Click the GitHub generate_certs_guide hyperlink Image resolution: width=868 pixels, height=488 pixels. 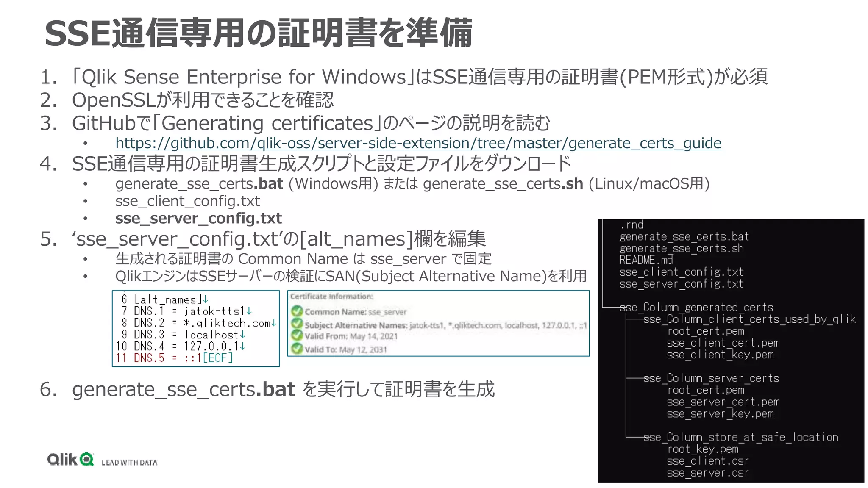418,143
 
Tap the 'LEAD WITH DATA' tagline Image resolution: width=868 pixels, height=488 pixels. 129,463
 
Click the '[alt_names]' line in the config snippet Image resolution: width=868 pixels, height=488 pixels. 165,300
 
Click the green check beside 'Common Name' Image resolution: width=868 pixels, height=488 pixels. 297,311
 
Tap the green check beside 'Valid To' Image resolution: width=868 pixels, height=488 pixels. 297,349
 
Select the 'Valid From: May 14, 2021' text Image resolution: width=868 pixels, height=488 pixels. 351,336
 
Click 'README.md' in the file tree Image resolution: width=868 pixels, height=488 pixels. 646,260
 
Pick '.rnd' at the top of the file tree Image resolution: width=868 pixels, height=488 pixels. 632,225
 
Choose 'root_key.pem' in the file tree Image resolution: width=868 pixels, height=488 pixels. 702,449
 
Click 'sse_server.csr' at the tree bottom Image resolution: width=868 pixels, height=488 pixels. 707,473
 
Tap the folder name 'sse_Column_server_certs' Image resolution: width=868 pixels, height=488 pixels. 711,378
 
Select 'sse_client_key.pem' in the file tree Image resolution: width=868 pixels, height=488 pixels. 720,355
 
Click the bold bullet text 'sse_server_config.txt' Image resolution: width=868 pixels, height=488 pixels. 198,219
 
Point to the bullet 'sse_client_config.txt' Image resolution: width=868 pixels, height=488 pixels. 187,201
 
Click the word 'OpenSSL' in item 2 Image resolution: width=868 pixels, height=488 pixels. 114,100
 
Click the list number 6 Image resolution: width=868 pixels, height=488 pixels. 47,389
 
